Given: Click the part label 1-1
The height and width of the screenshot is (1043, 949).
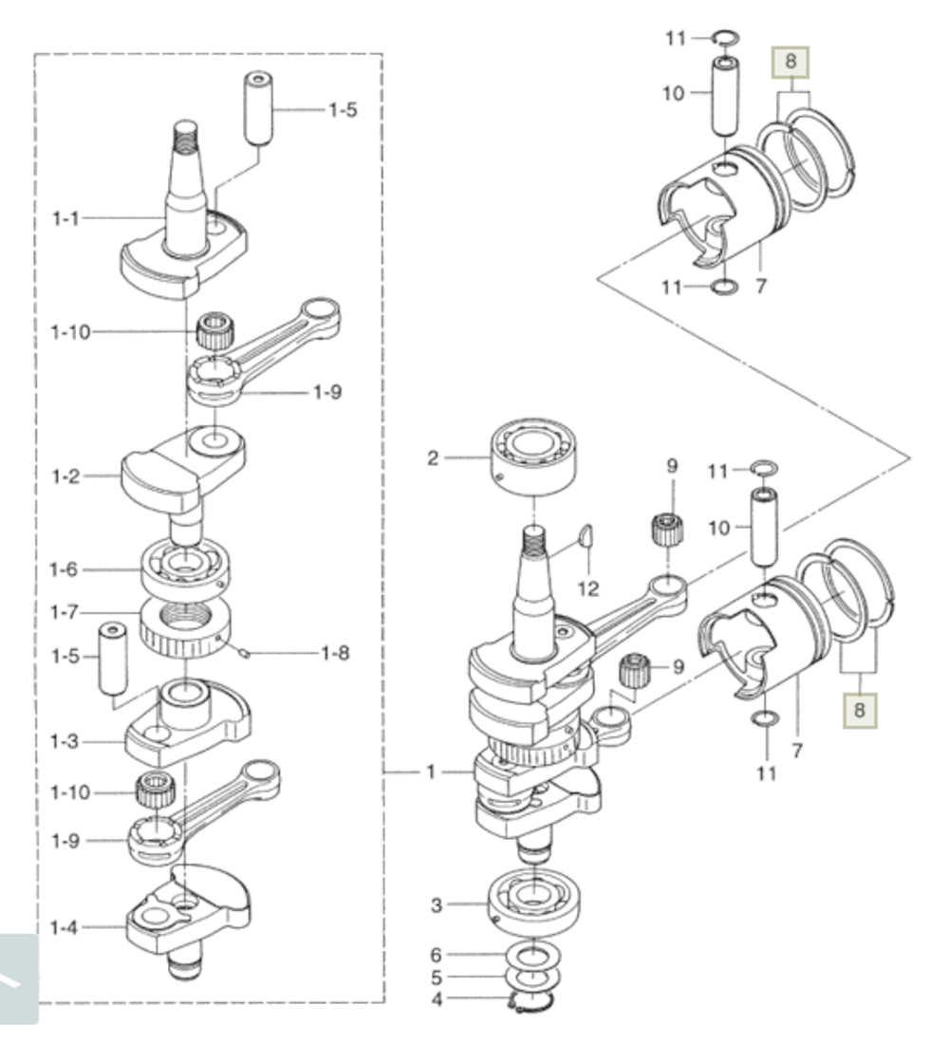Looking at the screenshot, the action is (x=65, y=218).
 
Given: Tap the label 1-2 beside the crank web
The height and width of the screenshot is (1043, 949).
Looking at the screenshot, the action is (x=65, y=476).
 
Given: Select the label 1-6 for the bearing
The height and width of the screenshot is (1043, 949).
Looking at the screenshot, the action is (x=64, y=569).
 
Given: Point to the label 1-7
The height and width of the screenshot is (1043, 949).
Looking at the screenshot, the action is (x=64, y=612).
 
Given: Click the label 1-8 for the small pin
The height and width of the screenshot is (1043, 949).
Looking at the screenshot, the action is (x=335, y=653).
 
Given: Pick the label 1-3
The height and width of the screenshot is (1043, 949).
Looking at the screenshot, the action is (x=64, y=741).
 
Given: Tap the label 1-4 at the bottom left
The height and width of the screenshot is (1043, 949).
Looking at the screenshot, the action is (x=64, y=927).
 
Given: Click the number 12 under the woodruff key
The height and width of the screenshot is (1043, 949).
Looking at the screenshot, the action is (x=588, y=588).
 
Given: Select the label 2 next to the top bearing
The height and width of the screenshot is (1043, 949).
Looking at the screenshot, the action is (x=433, y=457).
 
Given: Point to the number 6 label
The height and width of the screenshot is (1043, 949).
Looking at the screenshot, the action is (x=437, y=955).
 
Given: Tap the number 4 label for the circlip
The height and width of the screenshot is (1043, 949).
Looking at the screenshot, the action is (x=437, y=999).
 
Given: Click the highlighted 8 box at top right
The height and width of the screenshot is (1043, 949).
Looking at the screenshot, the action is (x=791, y=62).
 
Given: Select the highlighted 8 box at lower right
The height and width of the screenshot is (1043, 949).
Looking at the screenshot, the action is (x=859, y=710).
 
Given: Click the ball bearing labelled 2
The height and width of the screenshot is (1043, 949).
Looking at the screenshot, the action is (x=533, y=457).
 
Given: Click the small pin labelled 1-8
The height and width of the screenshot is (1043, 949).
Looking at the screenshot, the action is (x=243, y=654).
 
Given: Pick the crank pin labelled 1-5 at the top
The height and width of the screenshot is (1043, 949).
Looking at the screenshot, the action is (x=259, y=108).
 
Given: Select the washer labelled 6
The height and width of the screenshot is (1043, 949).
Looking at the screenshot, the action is (x=533, y=957).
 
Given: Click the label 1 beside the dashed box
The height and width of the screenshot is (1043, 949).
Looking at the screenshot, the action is (x=431, y=772).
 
